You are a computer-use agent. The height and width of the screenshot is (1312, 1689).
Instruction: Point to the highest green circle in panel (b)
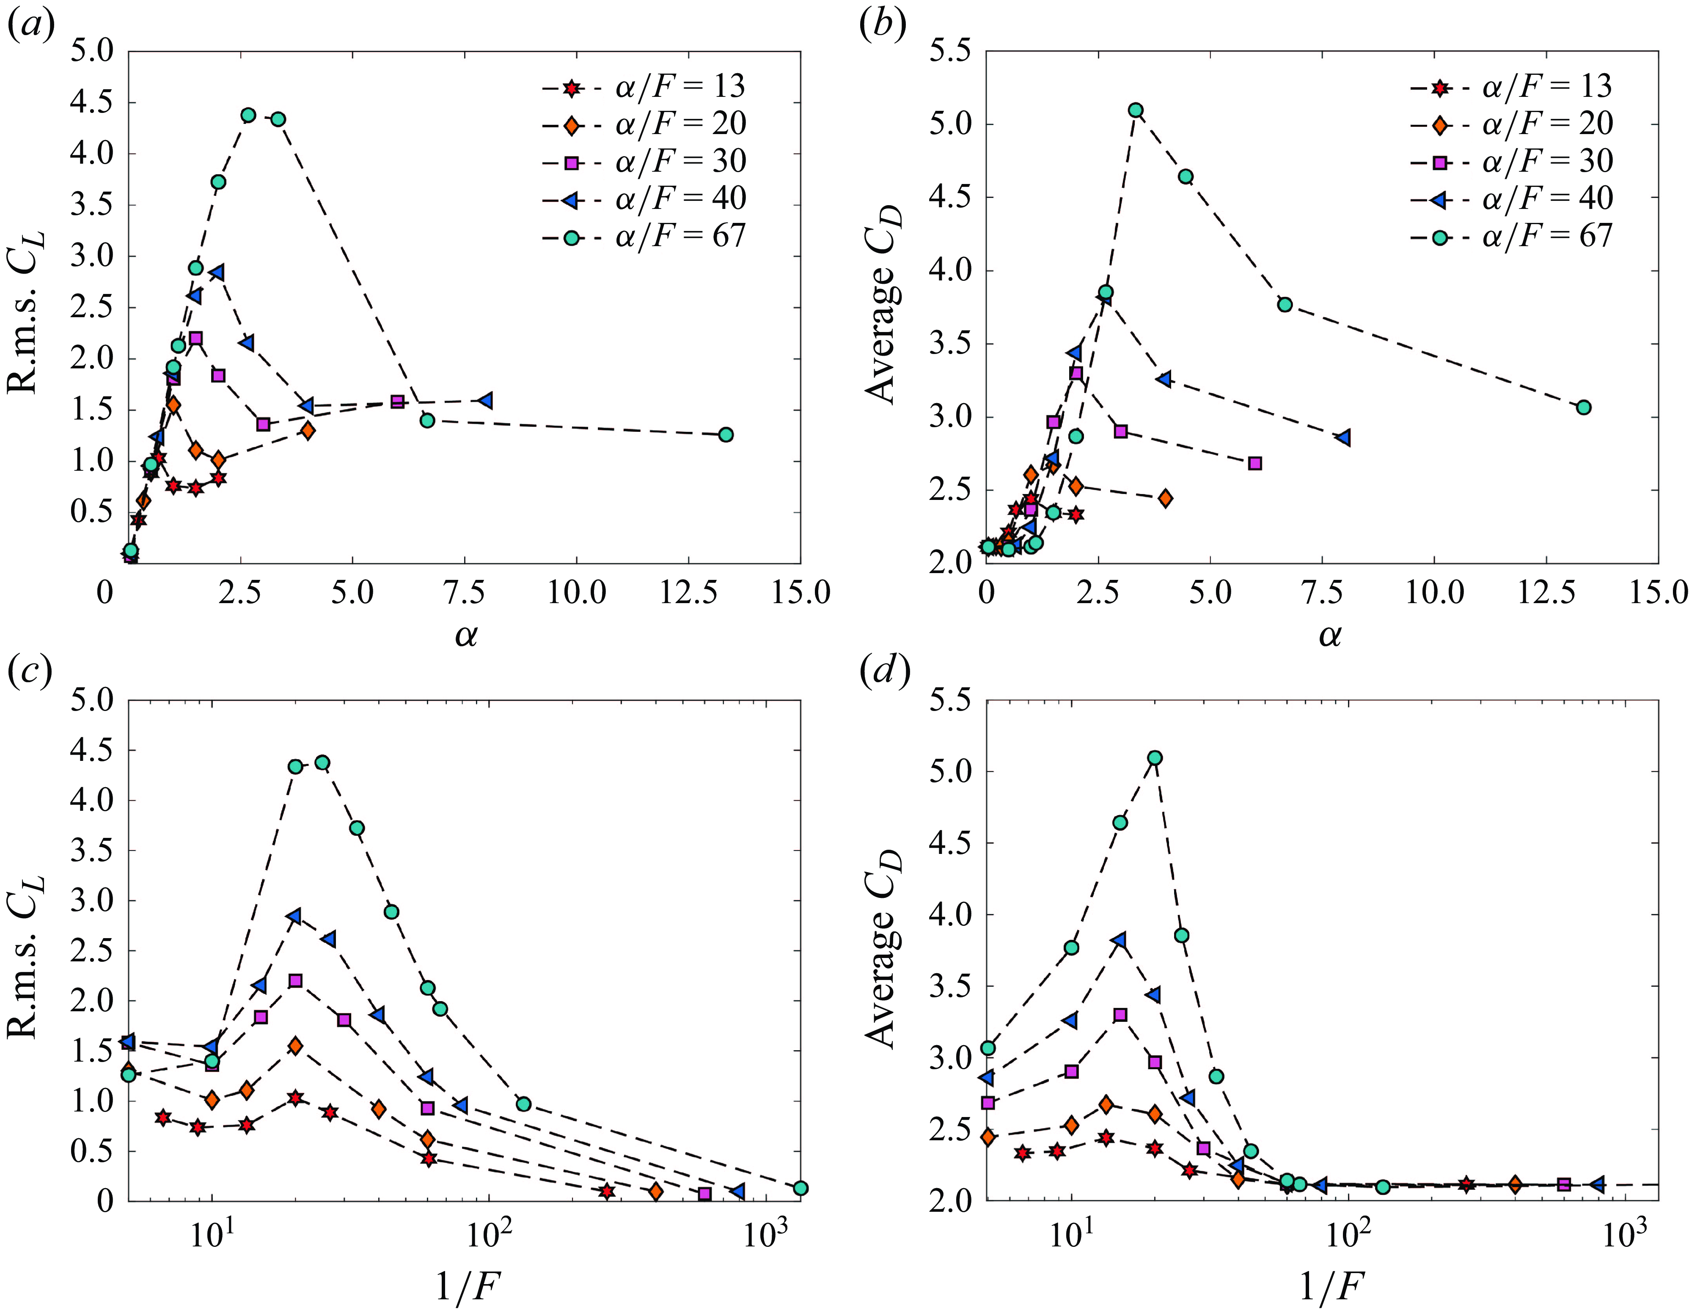(1135, 110)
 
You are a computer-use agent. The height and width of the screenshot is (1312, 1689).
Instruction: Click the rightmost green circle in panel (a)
(726, 434)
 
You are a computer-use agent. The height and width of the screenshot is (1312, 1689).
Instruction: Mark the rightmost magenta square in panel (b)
(1255, 463)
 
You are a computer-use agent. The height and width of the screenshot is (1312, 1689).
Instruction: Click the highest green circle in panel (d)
(1155, 758)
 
